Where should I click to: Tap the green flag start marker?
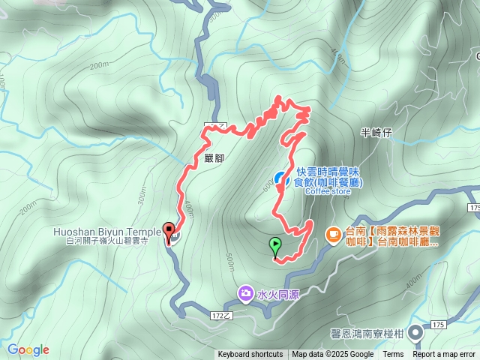pos(275,244)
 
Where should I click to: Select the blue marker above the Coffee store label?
pos(279,178)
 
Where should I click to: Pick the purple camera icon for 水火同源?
pos(245,292)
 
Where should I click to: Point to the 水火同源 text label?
pos(278,294)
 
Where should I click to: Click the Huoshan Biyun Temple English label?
pos(106,232)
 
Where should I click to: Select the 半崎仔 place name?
pos(376,133)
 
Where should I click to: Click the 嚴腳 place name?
pos(214,158)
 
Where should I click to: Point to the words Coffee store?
pos(328,190)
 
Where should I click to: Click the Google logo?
pos(28,349)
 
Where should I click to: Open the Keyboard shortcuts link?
pos(250,355)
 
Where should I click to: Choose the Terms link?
pos(393,355)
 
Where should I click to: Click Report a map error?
pos(445,355)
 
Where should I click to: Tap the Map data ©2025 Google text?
pos(332,355)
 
